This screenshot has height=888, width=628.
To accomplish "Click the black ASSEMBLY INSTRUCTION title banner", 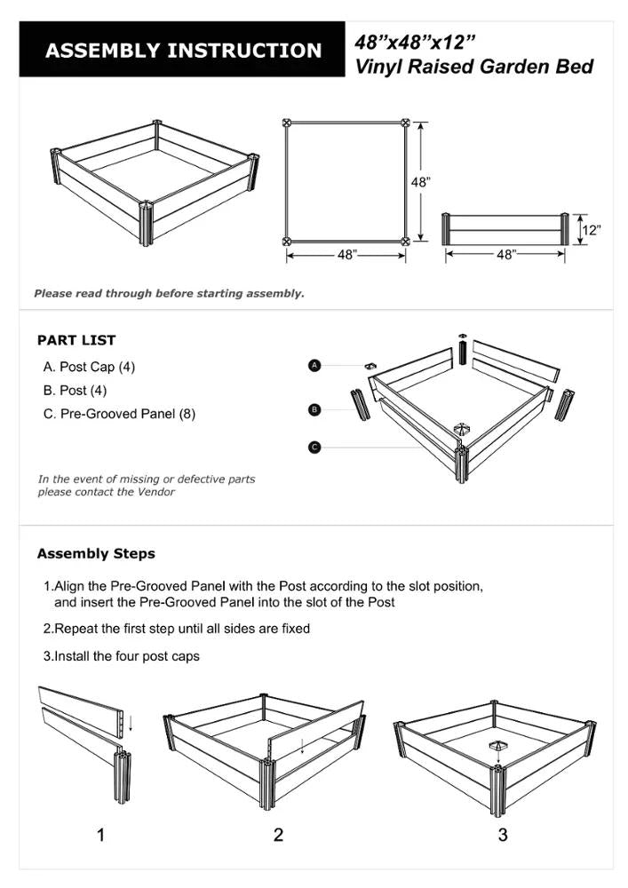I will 182,51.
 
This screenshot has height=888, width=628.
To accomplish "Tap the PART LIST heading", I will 76,340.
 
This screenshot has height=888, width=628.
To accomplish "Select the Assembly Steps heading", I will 96,553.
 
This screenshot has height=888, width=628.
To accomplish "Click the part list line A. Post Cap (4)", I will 89,367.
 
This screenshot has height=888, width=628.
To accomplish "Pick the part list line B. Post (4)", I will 76,390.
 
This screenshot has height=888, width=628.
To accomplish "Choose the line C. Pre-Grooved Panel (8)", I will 119,414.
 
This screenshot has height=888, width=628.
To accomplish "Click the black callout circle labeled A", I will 314,365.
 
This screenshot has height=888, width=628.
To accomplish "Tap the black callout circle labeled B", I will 314,409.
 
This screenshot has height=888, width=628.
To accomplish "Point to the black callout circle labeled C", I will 314,447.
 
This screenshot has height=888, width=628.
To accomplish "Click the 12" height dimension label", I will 591,230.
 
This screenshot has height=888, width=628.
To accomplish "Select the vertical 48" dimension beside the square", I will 421,181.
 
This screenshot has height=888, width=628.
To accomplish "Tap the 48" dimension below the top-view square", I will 346,255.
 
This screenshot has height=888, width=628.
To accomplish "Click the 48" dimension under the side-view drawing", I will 505,255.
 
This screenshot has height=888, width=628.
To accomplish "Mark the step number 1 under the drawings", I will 100,835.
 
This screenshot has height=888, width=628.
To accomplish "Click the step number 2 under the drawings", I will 278,835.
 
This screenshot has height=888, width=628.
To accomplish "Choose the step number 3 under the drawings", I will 503,835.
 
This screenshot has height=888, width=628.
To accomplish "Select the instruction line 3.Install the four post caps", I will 122,656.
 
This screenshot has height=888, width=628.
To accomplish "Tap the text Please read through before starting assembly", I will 169,293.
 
